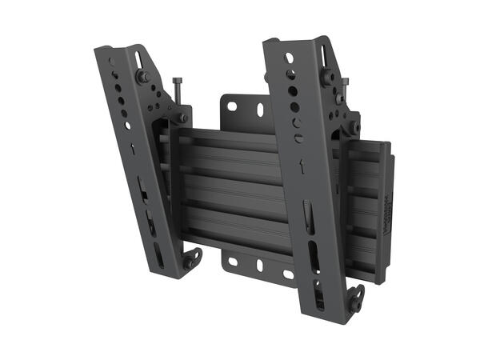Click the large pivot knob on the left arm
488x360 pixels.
pos(144,76)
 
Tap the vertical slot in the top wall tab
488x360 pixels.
pos(258,110)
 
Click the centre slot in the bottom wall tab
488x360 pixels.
pos(258,265)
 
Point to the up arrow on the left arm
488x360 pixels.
pos(133,150)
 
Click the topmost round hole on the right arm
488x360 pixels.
pos(289,58)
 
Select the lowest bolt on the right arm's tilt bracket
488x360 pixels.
pos(353,127)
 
